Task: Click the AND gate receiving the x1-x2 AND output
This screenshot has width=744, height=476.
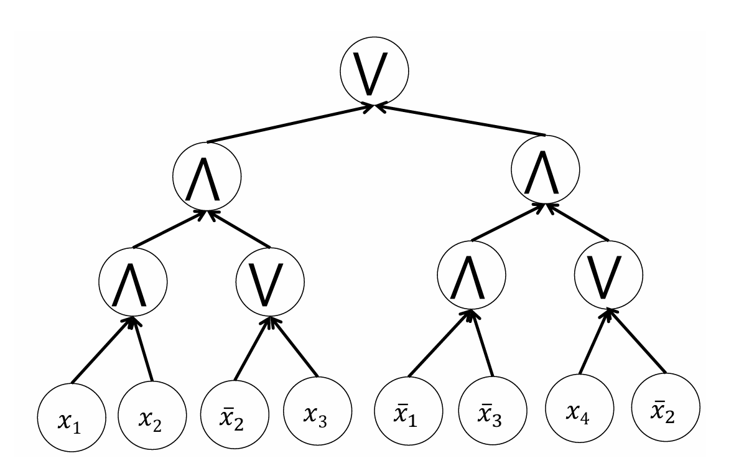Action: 206,177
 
